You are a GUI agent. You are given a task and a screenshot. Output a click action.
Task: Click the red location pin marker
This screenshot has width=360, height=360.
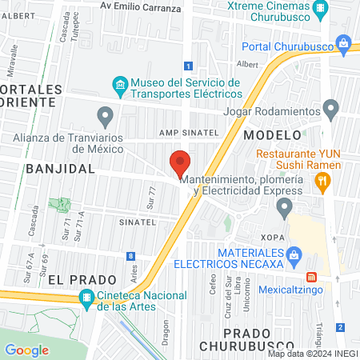click(180, 164)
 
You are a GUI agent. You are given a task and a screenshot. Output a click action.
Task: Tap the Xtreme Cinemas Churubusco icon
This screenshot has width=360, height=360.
click(321, 10)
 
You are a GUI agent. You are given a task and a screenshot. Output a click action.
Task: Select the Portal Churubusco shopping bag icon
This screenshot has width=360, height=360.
click(344, 42)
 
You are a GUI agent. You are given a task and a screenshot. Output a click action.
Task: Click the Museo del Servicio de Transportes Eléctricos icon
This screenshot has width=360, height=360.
click(119, 84)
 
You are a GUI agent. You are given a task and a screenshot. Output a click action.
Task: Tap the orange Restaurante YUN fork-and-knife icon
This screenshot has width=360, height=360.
click(322, 183)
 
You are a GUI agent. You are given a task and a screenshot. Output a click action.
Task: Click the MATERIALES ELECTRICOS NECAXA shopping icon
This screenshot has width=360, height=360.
click(294, 256)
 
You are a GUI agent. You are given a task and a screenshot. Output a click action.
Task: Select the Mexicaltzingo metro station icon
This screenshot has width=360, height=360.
click(313, 277)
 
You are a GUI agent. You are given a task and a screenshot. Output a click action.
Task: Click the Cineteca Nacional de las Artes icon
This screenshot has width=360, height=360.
click(86, 300)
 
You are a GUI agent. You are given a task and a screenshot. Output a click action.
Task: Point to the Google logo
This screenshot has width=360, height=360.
click(26, 350)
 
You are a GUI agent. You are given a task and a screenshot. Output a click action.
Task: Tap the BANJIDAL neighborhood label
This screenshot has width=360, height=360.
click(60, 169)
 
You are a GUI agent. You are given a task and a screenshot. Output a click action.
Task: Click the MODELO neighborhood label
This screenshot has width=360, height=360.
click(272, 135)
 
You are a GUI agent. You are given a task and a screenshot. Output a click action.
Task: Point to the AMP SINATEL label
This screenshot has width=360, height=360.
click(188, 132)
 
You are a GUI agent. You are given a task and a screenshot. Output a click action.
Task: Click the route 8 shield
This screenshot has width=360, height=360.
click(130, 256)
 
